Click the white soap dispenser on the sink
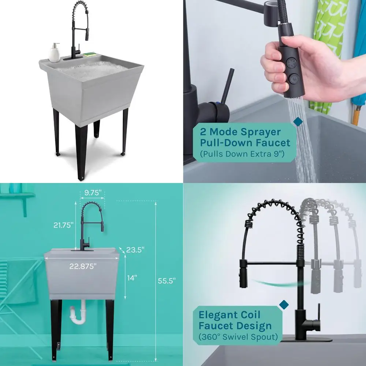(55, 53)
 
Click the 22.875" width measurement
(83, 266)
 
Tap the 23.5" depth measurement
(135, 250)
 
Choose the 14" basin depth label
(132, 278)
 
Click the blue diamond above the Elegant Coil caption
(284, 305)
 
